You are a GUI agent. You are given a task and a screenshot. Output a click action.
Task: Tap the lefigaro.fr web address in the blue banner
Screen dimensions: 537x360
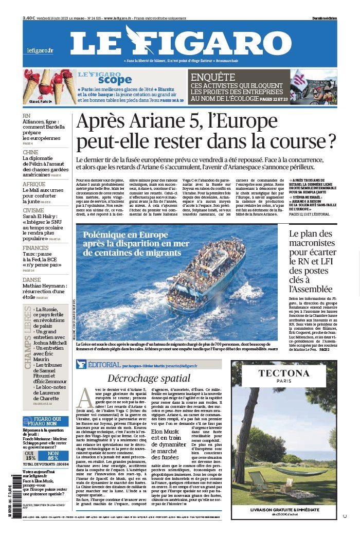click(x=40, y=50)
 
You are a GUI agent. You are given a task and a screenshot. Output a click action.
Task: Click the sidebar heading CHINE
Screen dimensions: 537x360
click(x=30, y=152)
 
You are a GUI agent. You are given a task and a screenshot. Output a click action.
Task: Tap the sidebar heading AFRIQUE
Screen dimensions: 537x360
click(x=34, y=184)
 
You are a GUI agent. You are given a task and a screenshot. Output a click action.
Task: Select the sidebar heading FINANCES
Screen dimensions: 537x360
click(x=35, y=248)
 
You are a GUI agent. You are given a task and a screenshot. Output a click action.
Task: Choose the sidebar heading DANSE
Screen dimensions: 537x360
click(x=31, y=280)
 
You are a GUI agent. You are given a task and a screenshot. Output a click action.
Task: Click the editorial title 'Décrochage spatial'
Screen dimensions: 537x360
click(x=149, y=378)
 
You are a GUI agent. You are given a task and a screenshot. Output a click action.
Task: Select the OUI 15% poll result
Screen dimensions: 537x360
click(x=31, y=455)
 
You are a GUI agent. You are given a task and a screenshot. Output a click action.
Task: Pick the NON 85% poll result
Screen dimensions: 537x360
click(x=52, y=455)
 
